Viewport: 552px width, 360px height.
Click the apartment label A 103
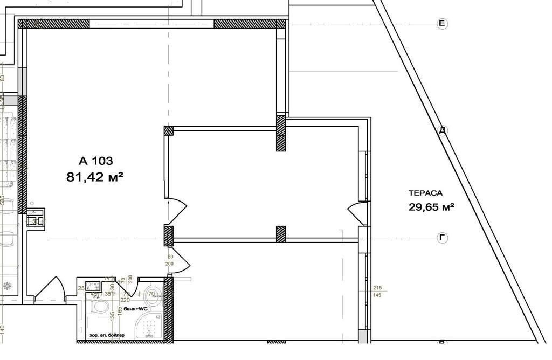pos(95,161)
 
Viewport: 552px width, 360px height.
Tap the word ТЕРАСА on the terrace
pos(425,193)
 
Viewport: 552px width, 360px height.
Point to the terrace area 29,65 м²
pos(431,206)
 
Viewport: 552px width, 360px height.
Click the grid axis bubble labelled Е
pos(442,23)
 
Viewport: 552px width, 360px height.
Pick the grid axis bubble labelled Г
pos(442,238)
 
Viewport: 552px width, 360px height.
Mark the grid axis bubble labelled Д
pos(443,130)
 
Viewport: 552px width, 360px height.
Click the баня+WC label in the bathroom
pos(133,309)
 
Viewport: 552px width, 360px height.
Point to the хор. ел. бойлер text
pos(107,335)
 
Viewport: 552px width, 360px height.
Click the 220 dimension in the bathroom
pos(125,300)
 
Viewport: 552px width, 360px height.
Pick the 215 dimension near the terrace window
pos(378,288)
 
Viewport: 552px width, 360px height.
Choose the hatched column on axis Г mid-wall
pos(280,233)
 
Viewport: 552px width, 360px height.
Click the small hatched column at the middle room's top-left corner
pos(168,130)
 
